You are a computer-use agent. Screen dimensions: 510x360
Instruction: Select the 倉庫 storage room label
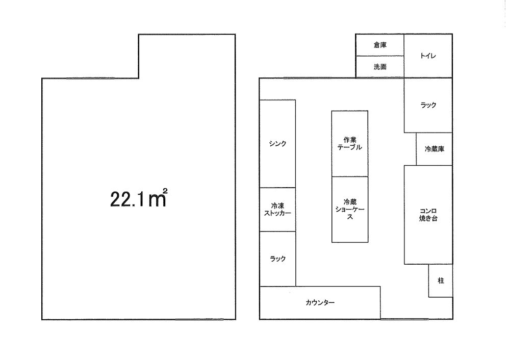(x=380, y=45)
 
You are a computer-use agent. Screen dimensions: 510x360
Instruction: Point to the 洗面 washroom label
(x=380, y=67)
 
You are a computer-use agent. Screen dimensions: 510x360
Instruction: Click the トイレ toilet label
(x=428, y=56)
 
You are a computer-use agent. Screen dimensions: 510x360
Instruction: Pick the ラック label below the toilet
(x=428, y=105)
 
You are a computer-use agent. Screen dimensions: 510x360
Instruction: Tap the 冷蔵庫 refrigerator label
(x=435, y=149)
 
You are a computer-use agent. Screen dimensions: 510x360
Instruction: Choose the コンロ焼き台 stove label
(x=428, y=215)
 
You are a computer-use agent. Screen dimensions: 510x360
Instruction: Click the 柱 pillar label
(x=441, y=280)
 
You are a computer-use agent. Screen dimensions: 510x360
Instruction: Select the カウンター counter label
(x=320, y=302)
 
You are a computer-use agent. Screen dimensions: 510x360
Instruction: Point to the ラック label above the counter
(x=277, y=259)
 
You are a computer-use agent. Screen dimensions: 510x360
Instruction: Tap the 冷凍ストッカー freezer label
(x=277, y=210)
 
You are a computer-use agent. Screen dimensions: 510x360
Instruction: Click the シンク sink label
(x=277, y=143)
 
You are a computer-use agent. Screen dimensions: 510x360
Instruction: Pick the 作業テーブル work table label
(x=350, y=143)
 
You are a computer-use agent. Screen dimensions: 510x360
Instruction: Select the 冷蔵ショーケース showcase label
(x=350, y=209)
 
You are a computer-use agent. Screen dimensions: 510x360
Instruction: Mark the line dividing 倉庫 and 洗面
(x=380, y=56)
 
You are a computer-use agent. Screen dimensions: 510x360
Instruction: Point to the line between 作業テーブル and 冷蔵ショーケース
(x=350, y=176)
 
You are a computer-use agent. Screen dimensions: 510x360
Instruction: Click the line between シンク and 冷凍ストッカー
(x=277, y=188)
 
